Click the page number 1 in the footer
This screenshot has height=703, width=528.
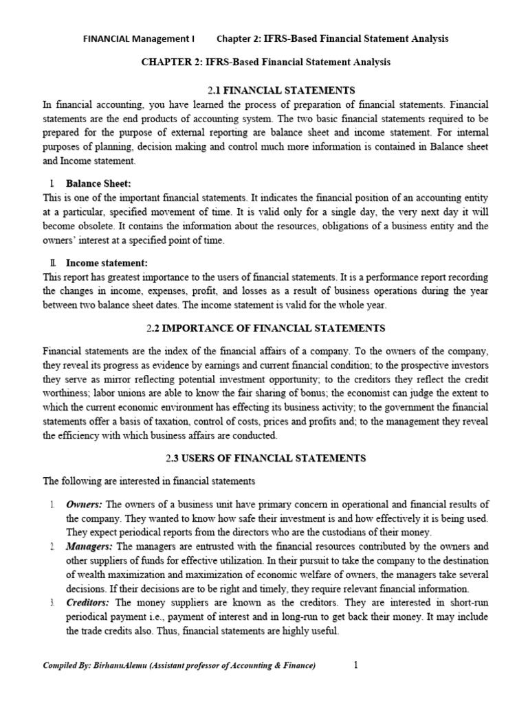click(356, 665)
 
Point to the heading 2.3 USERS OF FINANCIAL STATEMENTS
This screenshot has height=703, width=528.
click(266, 458)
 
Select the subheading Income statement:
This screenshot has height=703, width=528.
click(107, 263)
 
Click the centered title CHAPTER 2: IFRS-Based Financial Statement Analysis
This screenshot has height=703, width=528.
click(266, 62)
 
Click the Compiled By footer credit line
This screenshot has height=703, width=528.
click(179, 665)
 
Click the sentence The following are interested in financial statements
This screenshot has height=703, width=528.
click(140, 481)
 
